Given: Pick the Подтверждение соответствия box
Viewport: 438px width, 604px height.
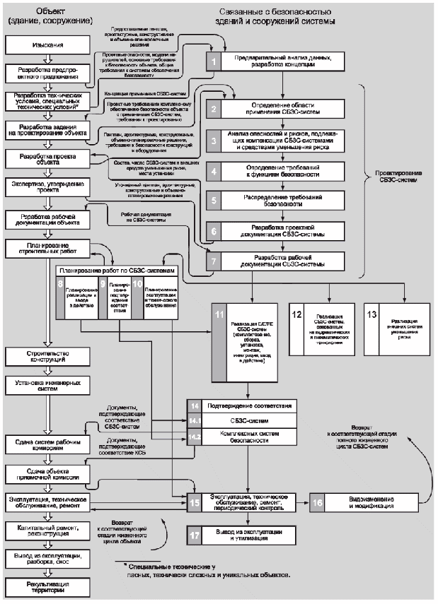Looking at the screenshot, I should (248, 408).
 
